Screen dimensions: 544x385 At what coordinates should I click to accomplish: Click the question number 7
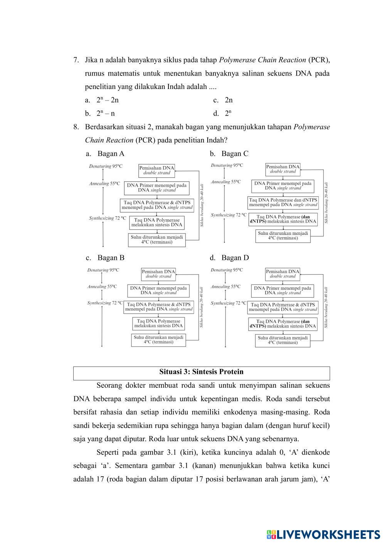76,60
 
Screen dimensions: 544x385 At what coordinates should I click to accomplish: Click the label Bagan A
111,154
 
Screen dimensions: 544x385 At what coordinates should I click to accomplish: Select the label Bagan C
235,154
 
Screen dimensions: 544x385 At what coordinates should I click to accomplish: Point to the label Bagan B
111,258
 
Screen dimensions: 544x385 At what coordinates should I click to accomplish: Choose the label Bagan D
235,258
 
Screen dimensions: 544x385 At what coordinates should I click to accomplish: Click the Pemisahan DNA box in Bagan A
156,170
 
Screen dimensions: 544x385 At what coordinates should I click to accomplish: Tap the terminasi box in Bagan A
156,239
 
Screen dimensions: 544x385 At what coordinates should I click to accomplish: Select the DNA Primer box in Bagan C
282,186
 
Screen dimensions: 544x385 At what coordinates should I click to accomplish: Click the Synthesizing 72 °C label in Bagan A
108,218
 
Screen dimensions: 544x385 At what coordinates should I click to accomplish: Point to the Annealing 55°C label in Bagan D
225,286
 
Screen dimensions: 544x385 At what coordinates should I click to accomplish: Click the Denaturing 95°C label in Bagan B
103,270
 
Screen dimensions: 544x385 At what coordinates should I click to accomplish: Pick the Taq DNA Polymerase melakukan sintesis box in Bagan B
158,323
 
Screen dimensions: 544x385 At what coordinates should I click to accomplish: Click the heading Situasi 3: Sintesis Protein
201,372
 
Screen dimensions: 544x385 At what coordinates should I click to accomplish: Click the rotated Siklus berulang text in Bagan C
326,203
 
